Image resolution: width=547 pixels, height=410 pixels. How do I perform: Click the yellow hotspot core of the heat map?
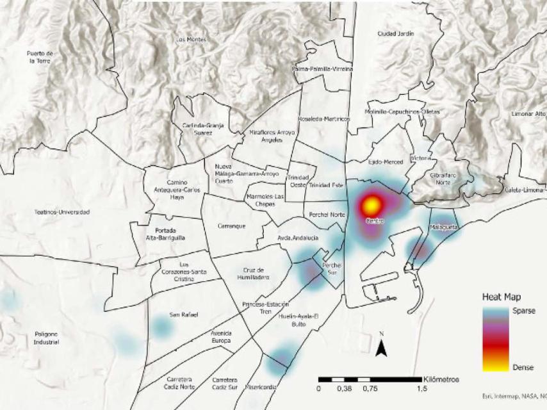click(372, 206)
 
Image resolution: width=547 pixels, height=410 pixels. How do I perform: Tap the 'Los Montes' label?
click(191, 40)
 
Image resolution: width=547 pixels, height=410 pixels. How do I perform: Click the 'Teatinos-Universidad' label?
click(62, 212)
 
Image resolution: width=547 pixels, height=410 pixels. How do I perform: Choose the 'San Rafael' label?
click(184, 315)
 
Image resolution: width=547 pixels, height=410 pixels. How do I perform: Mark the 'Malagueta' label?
click(443, 227)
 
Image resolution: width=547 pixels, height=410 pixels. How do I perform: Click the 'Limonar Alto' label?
click(528, 114)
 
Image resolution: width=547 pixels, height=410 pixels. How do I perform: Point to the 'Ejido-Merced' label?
click(386, 162)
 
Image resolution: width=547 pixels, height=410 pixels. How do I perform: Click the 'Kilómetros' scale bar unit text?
click(441, 379)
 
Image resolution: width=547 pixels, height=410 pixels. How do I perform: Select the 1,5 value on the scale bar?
click(422, 389)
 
